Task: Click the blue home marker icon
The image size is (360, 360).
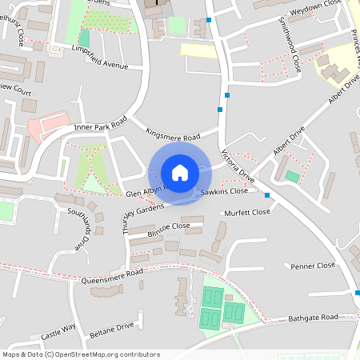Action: click(x=179, y=173)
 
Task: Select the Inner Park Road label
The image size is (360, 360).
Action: click(x=100, y=126)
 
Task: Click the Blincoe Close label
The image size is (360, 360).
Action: click(x=169, y=226)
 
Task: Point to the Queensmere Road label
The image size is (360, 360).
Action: click(x=113, y=277)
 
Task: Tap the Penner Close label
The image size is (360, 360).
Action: click(x=313, y=266)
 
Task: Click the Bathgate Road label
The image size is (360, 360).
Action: click(x=314, y=318)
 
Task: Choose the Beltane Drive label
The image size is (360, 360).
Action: click(x=111, y=328)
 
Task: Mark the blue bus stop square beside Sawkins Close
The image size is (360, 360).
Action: click(x=267, y=195)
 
